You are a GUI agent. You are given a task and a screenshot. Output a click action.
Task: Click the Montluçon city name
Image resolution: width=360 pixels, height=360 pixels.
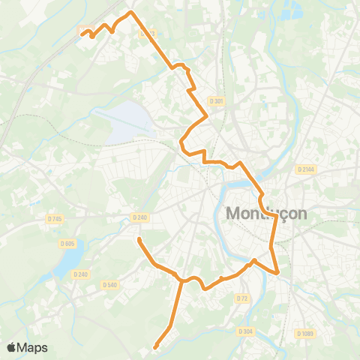266,213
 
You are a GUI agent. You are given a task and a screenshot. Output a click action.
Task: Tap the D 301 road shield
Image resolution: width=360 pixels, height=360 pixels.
217,100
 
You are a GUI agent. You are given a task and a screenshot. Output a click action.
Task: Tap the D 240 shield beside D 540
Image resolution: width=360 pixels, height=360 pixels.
81,274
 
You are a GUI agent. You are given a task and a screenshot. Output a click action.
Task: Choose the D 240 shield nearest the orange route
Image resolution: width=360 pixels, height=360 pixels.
139,217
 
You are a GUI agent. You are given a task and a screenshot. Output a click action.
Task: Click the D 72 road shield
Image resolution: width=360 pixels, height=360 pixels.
241,298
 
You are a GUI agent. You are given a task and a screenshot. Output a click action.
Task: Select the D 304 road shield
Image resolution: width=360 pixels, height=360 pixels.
245,331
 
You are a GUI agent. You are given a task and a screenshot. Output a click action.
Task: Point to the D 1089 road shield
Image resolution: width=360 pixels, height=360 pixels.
304,333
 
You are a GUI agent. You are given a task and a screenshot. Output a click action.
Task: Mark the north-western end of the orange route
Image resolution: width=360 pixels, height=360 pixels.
82,32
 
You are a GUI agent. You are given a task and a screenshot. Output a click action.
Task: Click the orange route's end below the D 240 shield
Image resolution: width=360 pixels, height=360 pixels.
139,239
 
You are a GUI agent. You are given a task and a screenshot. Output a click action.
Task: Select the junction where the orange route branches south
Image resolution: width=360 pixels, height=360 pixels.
181,280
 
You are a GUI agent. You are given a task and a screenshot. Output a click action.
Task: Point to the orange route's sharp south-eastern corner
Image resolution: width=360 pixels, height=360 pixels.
278,272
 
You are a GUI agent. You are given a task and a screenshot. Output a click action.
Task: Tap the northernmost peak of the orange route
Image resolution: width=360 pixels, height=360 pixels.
131,12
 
